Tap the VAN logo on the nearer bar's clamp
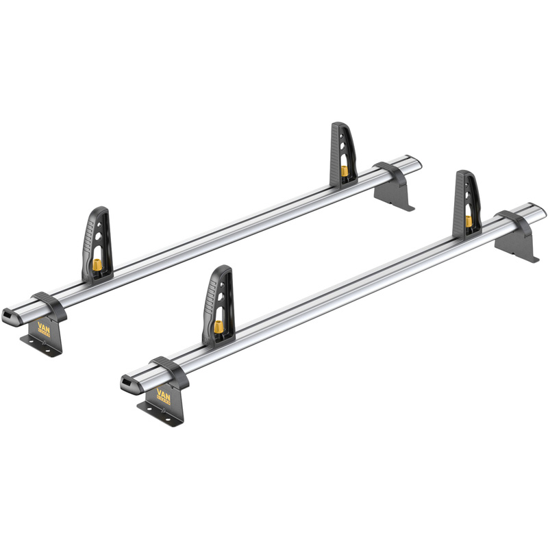click(x=164, y=395)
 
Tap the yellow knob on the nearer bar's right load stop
click(x=469, y=221)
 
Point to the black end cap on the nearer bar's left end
click(x=129, y=384)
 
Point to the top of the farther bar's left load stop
click(x=99, y=211)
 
